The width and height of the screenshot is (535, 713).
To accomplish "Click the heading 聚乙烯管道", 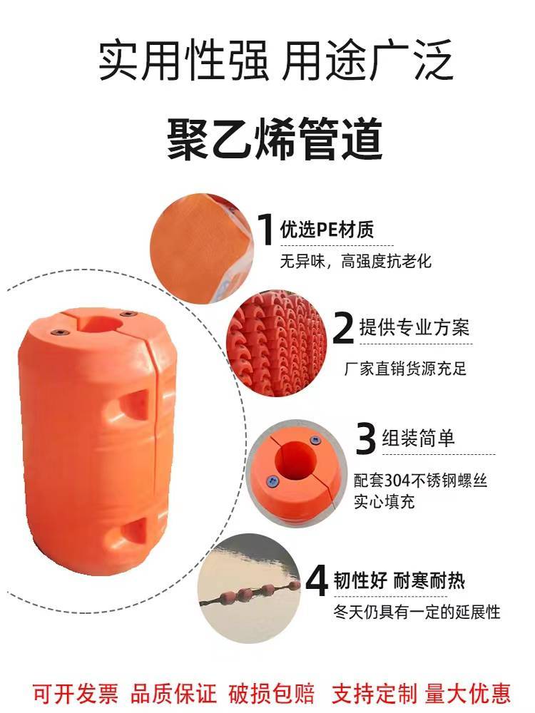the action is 275,139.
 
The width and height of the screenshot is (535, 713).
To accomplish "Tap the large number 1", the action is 265,229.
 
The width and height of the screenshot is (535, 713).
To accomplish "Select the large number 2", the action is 343,328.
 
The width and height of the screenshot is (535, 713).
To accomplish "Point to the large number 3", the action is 365,438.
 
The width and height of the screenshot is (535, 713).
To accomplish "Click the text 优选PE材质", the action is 327,229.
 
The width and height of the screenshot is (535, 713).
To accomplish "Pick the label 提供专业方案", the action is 414,327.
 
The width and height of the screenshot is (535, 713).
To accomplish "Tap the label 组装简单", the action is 418,438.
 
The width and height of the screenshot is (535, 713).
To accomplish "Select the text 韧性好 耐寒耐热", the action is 399,580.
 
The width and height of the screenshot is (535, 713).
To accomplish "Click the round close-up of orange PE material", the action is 202,249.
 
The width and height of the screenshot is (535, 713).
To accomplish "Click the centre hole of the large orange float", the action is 101,324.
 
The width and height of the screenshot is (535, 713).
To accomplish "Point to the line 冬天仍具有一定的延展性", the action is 417,612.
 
